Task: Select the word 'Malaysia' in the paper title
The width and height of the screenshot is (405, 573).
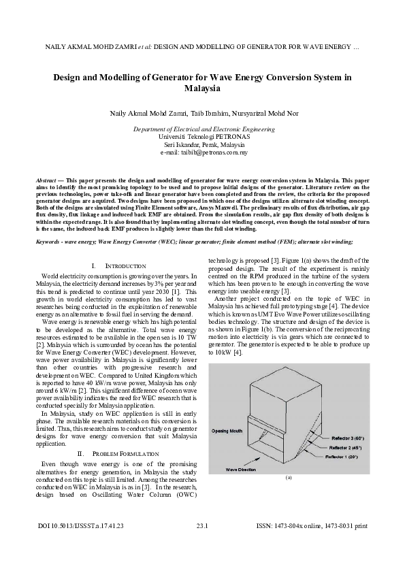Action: (x=202, y=88)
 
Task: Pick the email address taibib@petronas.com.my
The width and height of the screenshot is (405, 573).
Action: (x=203, y=152)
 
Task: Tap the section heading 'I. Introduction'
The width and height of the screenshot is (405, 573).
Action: (x=118, y=265)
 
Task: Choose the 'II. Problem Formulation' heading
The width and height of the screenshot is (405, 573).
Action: (x=118, y=453)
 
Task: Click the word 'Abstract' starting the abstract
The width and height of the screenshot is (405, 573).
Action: (x=47, y=179)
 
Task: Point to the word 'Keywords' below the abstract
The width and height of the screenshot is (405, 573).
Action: (x=48, y=242)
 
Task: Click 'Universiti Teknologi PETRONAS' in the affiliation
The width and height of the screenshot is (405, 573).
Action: (x=203, y=137)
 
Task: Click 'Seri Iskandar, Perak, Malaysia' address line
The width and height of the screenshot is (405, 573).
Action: (x=203, y=145)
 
